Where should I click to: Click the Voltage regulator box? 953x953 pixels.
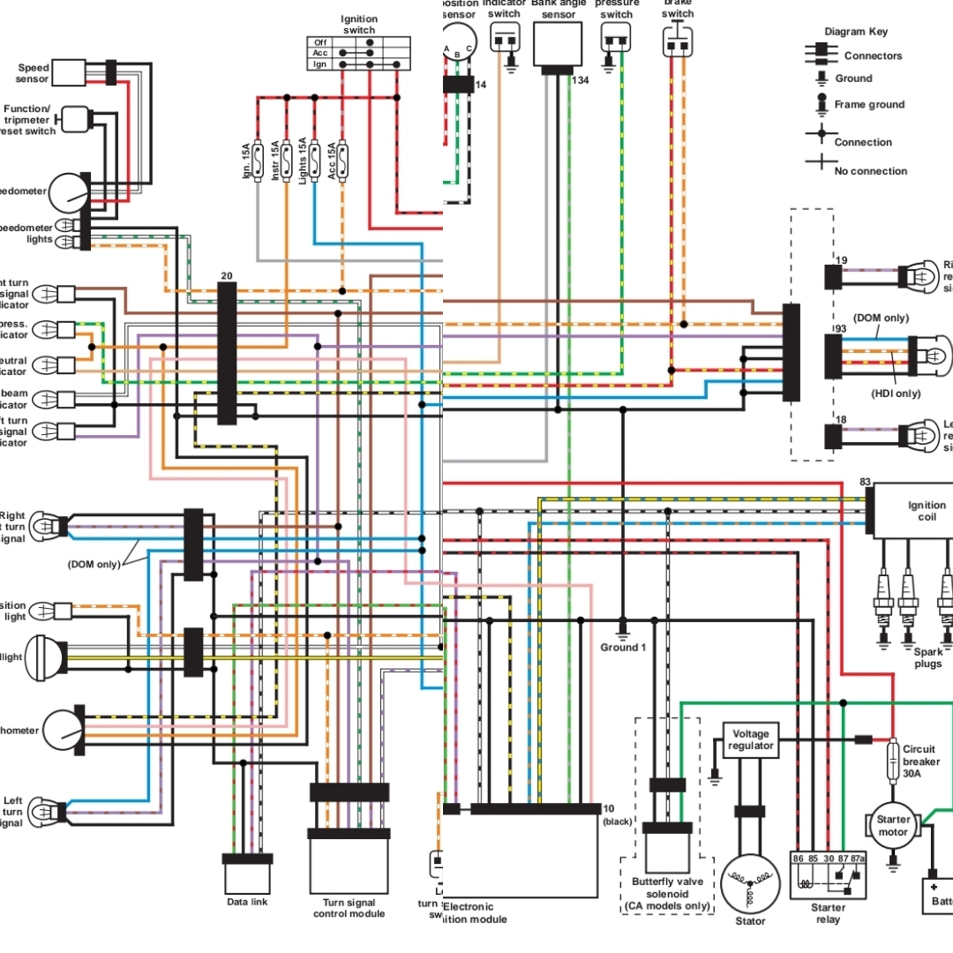tap(750, 739)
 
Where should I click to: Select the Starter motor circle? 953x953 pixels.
tap(892, 826)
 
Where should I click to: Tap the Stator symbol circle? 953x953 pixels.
tap(750, 884)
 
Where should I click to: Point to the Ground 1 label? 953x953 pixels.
tap(623, 648)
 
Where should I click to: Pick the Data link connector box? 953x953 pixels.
tap(247, 878)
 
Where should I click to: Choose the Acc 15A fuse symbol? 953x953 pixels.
tap(342, 161)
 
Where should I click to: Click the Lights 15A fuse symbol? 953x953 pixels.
tap(314, 161)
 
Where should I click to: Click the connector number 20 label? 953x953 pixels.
tap(227, 275)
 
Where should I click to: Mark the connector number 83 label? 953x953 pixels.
tap(866, 483)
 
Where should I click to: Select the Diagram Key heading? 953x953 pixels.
tap(856, 32)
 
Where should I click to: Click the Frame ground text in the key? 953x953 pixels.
tap(869, 104)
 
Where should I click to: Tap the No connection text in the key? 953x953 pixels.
tap(870, 170)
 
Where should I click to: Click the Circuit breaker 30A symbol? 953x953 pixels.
tap(893, 760)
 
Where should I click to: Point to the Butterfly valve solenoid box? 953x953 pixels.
tap(667, 852)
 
